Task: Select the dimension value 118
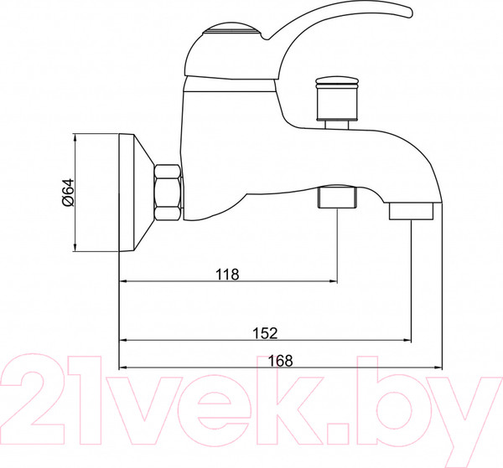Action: click(227, 274)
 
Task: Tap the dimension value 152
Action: click(265, 332)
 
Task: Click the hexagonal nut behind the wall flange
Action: click(168, 192)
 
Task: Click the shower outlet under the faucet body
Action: click(336, 198)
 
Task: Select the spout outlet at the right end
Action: click(412, 209)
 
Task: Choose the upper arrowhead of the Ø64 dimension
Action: click(75, 138)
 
